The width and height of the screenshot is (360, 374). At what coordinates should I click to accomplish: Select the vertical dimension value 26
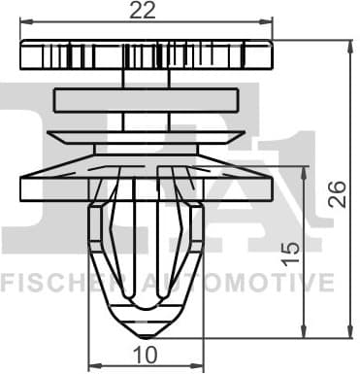coord(337,194)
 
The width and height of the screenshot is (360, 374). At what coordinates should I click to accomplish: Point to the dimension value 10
coord(146,355)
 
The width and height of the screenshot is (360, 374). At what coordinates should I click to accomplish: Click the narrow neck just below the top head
coord(147,80)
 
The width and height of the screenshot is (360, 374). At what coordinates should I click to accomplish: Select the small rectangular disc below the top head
coord(146,100)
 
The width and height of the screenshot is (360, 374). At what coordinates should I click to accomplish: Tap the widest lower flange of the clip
coord(146,185)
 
